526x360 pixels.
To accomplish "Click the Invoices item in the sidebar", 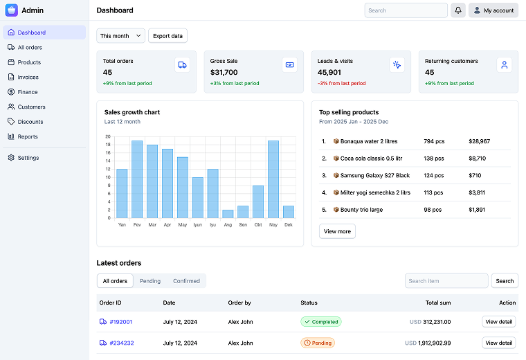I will [x=28, y=77].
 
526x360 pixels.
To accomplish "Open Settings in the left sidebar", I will [x=28, y=158].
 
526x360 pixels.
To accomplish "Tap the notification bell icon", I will [x=458, y=10].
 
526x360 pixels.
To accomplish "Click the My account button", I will [x=493, y=10].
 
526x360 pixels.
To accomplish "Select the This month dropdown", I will [x=121, y=36].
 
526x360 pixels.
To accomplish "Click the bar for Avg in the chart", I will [x=228, y=214].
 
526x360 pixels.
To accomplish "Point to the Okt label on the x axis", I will [x=258, y=224].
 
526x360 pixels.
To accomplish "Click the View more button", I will [x=337, y=231].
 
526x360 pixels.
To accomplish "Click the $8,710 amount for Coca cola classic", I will [x=477, y=159].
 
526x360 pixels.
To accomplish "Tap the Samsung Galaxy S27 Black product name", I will [x=374, y=176].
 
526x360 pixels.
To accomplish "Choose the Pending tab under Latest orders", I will [x=150, y=281].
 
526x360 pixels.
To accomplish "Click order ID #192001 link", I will [x=120, y=322].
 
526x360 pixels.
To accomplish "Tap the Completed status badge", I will [x=321, y=322].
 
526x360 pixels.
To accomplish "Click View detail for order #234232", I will [x=498, y=343].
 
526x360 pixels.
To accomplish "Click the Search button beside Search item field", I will [x=505, y=281].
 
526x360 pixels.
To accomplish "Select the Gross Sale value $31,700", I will [x=224, y=72].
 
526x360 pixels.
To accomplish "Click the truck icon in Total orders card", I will [x=182, y=65].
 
